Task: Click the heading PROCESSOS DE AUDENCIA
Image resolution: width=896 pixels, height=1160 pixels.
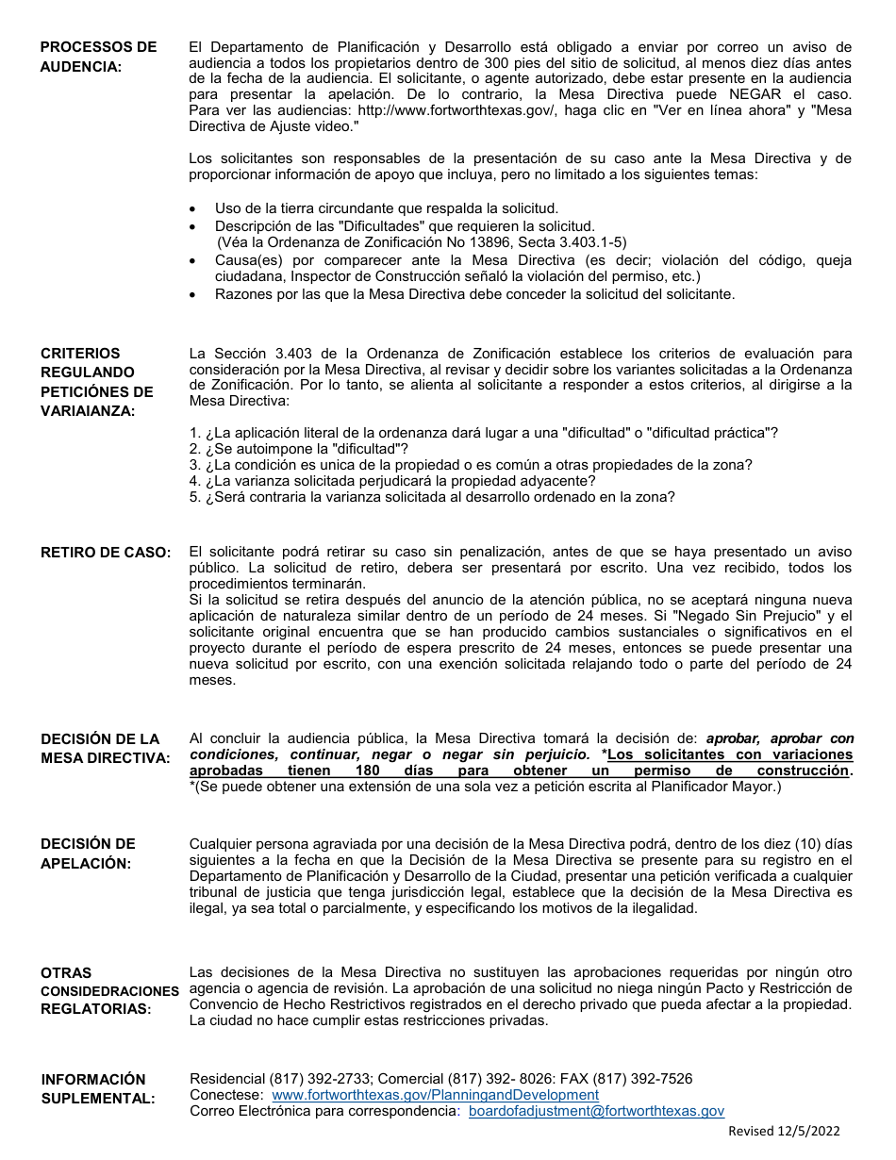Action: coord(98,57)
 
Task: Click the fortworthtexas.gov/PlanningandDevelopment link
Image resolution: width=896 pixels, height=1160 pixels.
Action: coord(435,1095)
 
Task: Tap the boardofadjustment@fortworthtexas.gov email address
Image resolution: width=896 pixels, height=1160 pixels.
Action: coord(596,1111)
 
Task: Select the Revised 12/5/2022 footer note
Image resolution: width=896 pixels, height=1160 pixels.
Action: coord(784,1132)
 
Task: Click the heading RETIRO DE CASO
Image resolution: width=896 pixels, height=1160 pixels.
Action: coord(106,553)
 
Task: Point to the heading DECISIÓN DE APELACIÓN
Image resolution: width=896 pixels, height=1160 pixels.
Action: coord(88,853)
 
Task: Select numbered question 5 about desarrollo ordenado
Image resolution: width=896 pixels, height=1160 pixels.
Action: coord(432,497)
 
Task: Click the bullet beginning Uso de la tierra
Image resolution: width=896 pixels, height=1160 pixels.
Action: coord(387,208)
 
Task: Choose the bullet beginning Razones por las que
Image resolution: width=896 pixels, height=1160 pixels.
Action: coord(474,294)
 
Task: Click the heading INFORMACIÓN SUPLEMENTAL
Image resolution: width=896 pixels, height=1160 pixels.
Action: coord(93,1088)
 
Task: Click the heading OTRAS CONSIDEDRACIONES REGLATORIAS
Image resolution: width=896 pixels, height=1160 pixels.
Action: coord(108,990)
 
